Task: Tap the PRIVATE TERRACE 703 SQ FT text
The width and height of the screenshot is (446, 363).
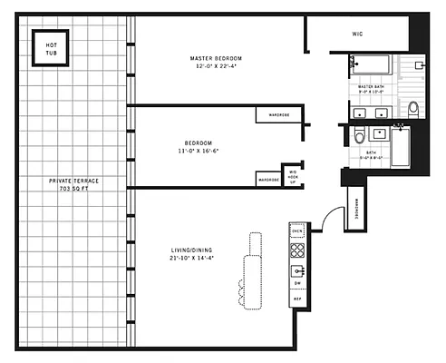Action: [x=73, y=185]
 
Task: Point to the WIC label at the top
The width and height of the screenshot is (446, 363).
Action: [x=357, y=34]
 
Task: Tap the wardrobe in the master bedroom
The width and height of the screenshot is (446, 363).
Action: [x=272, y=114]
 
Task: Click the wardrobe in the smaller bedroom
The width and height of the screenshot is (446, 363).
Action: [x=268, y=180]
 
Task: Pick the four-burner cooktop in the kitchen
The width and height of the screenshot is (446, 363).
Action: [x=296, y=250]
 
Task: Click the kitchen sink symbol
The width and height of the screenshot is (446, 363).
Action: [x=296, y=270]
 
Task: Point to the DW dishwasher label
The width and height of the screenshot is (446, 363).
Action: [x=296, y=284]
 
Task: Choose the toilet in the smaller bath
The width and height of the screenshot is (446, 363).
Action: [x=359, y=137]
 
